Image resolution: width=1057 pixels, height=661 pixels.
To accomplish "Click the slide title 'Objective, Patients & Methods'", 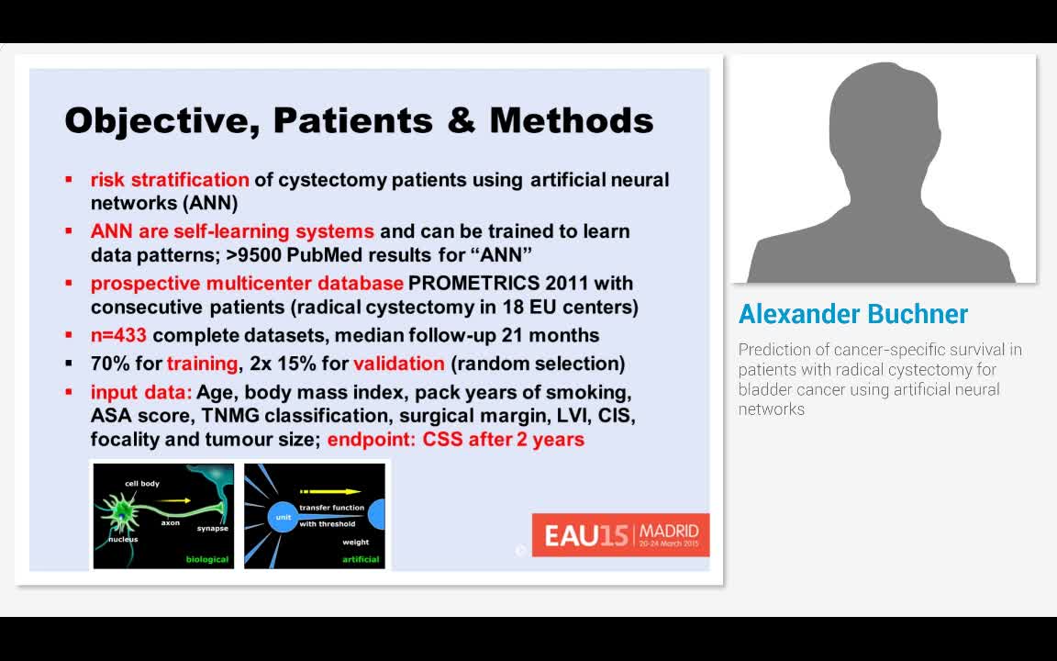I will (x=359, y=120).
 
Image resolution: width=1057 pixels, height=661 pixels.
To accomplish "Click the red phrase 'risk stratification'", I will (x=170, y=180).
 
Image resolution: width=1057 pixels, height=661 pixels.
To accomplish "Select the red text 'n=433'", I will (x=118, y=336).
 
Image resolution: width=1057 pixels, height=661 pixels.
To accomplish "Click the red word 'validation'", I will (x=398, y=364).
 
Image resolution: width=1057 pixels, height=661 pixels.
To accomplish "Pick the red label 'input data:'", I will (x=141, y=393).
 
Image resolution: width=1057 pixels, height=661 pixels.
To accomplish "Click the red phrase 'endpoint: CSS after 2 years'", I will (x=455, y=440).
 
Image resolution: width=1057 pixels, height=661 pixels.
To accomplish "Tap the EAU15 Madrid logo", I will (x=620, y=534).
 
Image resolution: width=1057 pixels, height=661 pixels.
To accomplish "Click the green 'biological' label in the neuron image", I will (x=207, y=559).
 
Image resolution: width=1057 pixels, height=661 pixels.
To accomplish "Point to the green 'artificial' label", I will (x=361, y=559).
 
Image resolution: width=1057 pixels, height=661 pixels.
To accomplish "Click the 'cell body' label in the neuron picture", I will (x=142, y=483).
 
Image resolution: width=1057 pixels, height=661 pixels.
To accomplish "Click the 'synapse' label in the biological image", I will (x=212, y=528).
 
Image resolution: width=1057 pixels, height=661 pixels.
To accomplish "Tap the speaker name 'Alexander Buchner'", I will (x=852, y=314).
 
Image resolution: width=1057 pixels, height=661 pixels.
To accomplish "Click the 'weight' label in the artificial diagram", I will (x=355, y=543).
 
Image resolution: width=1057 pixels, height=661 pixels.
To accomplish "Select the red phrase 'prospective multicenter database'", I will (x=247, y=283).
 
